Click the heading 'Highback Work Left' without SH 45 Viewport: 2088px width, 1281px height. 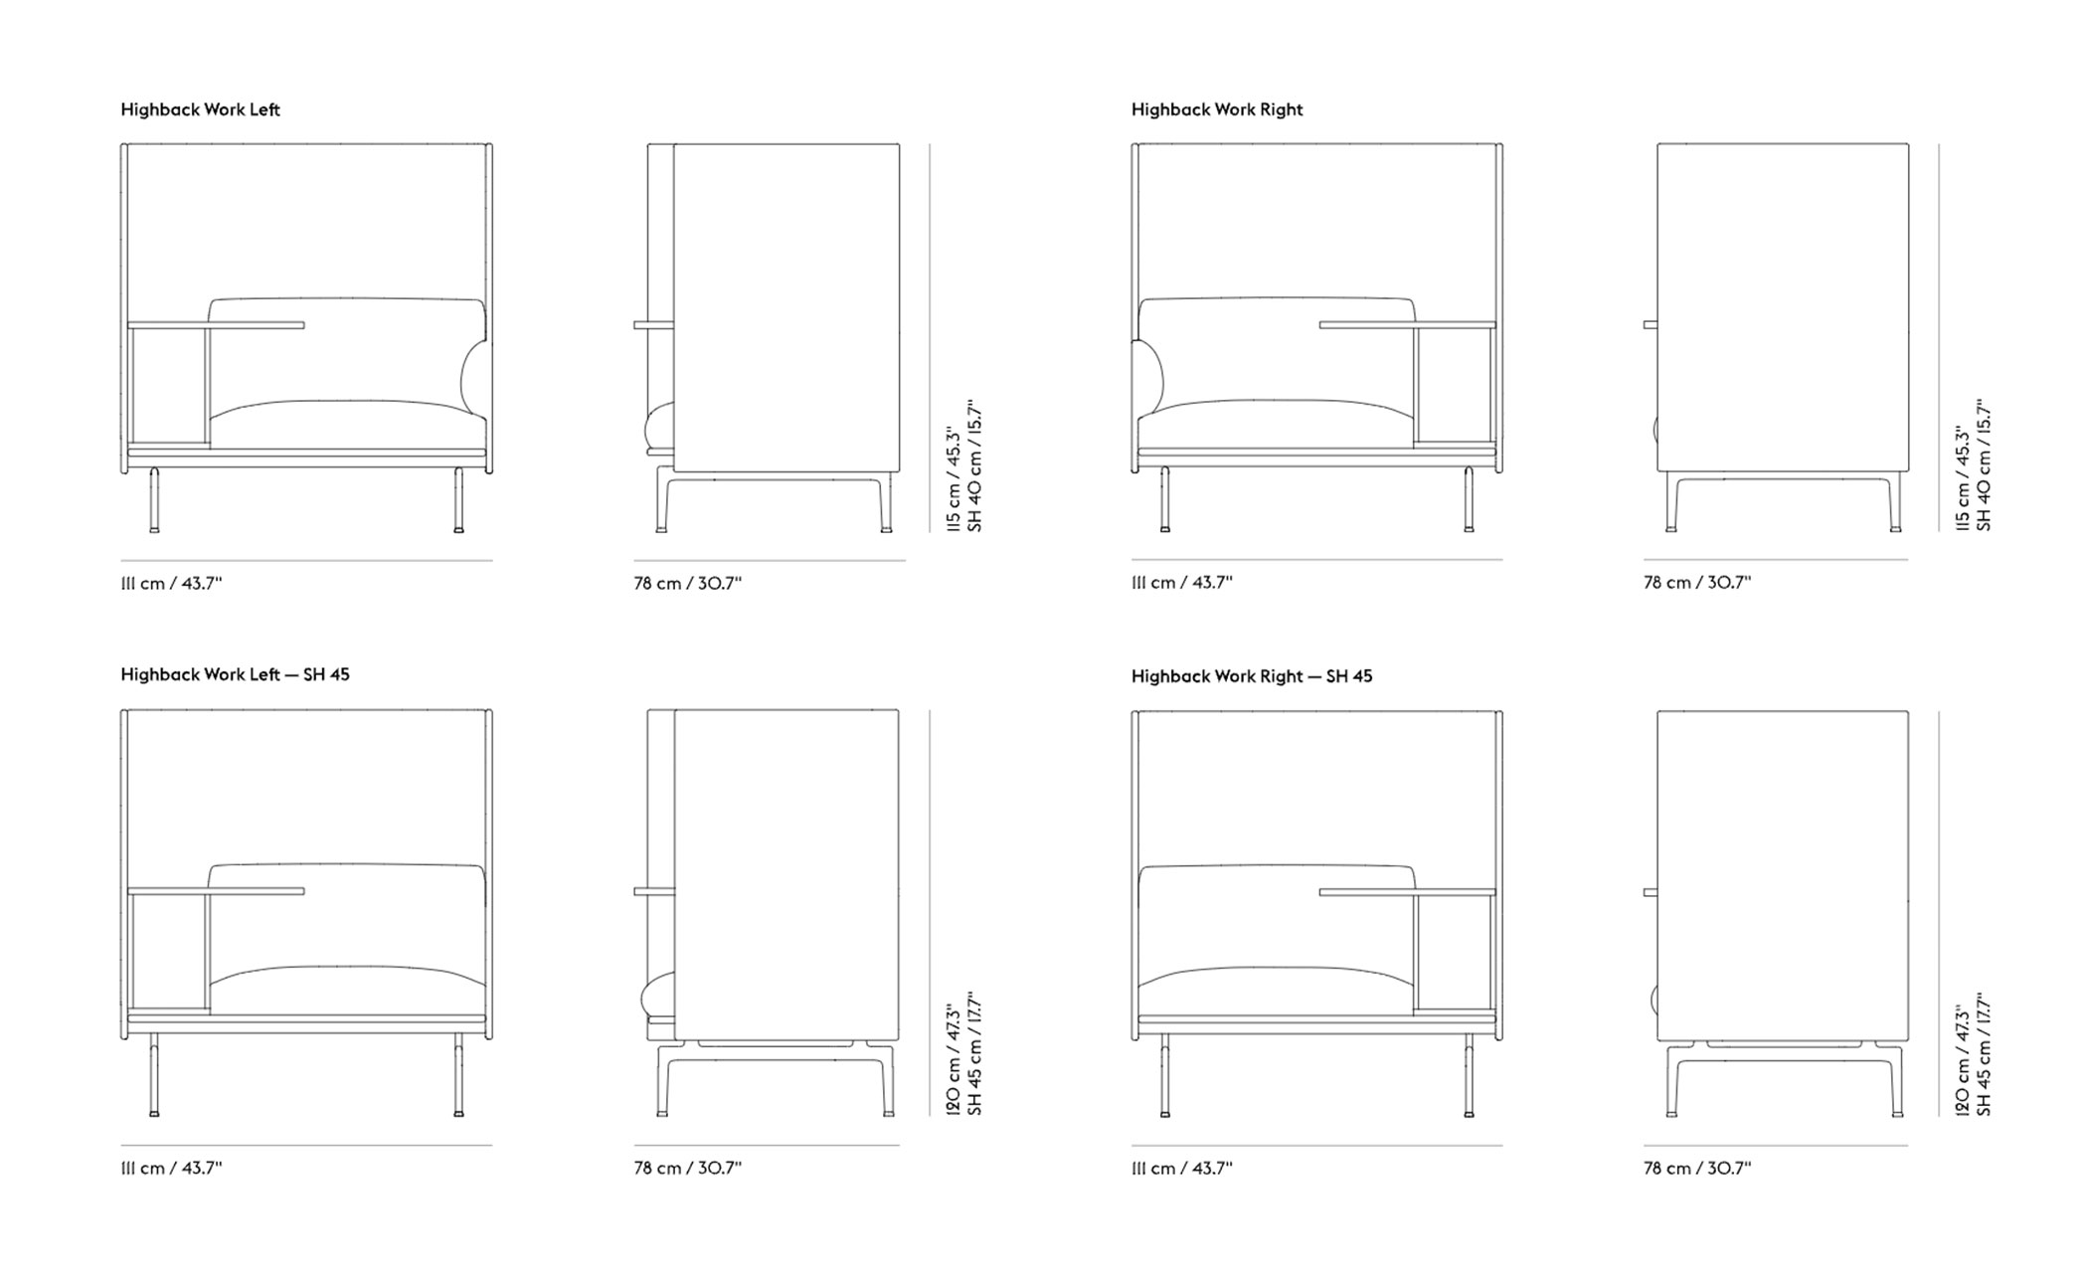[x=200, y=109]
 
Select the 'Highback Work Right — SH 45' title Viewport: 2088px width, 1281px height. [x=1252, y=676]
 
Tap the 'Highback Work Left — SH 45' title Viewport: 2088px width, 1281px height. [x=235, y=674]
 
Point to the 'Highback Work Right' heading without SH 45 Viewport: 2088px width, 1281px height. [x=1217, y=109]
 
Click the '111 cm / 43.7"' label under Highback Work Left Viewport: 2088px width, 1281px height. [x=171, y=583]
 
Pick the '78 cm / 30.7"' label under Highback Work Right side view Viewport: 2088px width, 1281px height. [x=1697, y=582]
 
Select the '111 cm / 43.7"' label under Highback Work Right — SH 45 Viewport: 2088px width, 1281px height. [x=1181, y=1168]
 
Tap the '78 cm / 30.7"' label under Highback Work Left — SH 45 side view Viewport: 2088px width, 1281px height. [x=688, y=1168]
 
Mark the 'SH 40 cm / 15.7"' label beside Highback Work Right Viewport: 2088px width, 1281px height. [x=1985, y=466]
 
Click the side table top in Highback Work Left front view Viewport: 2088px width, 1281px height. [x=216, y=325]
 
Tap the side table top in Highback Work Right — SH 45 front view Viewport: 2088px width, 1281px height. [x=1407, y=892]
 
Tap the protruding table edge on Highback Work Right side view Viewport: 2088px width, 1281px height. [x=1651, y=324]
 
